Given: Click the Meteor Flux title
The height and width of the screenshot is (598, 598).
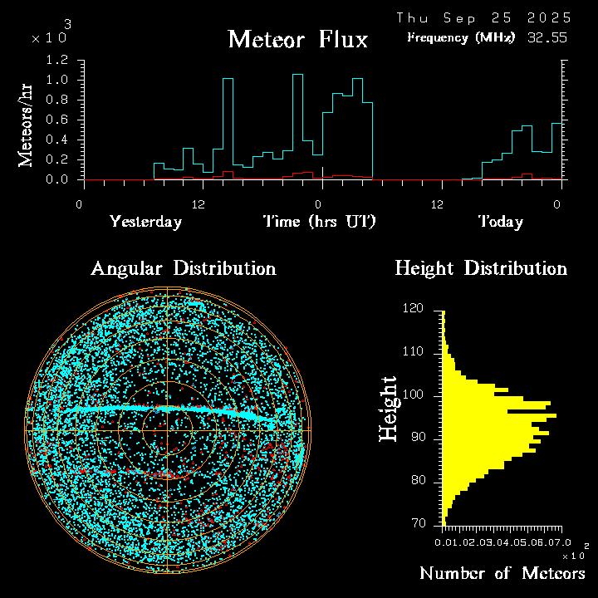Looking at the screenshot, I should [297, 39].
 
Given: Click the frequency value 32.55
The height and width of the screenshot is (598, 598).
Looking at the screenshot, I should [548, 37].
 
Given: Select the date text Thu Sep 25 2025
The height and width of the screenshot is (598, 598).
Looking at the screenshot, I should [483, 17].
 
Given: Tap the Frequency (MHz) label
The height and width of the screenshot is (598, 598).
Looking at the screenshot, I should [461, 37].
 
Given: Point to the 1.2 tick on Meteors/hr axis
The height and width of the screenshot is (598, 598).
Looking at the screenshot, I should [57, 61].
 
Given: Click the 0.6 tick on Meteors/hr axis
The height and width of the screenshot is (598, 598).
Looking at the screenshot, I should [57, 120].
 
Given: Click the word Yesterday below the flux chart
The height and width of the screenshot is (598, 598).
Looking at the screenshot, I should [145, 222].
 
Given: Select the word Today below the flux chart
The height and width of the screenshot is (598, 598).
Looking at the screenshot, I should [500, 222].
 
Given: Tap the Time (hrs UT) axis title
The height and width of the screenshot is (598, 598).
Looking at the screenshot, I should [320, 222].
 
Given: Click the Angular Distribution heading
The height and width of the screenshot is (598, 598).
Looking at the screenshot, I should [183, 268].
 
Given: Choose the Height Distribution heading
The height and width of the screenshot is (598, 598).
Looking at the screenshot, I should [481, 268].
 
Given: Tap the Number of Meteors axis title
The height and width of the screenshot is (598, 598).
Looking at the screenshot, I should [502, 574].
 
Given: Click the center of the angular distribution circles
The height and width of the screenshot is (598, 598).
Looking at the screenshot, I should [168, 430].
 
